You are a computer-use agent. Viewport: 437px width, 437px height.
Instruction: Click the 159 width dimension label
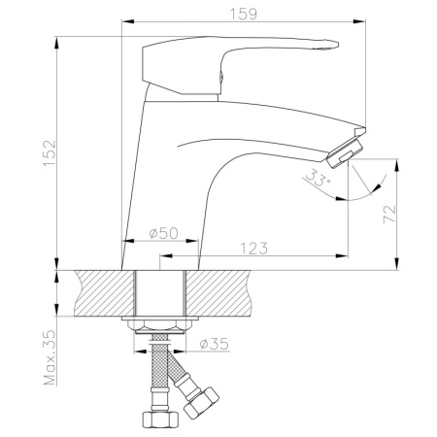point(244,14)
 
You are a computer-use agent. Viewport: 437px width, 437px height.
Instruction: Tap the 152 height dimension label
point(50,153)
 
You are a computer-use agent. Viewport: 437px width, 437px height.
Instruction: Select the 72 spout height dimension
point(389,214)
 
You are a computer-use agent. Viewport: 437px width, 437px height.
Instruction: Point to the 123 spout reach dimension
point(254,249)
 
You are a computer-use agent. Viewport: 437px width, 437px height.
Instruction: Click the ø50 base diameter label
point(164,233)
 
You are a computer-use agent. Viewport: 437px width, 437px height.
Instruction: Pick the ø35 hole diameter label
point(214,344)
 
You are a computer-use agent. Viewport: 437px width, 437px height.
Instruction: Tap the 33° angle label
point(318,179)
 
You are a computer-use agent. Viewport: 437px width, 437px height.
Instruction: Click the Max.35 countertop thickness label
point(50,357)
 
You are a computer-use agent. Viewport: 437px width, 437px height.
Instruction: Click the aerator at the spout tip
point(345,151)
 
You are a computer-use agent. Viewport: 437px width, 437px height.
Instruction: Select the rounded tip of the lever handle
point(333,45)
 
